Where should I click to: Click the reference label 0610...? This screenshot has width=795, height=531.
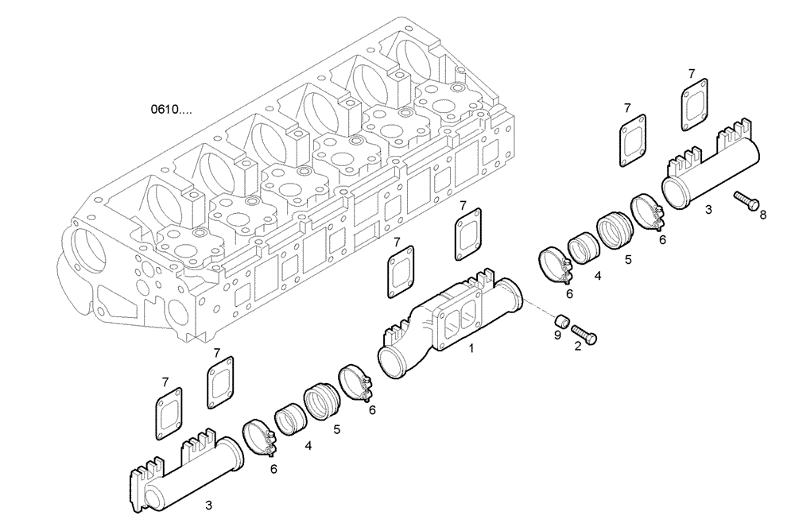[171, 109]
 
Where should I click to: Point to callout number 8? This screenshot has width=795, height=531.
[763, 215]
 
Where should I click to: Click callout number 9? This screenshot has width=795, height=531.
[557, 335]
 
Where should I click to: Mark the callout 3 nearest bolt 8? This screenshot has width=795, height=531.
[708, 211]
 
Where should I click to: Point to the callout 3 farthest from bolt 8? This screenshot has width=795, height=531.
[208, 504]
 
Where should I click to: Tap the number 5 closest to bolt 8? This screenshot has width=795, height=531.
[627, 259]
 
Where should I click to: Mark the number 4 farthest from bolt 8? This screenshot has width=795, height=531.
[308, 446]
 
